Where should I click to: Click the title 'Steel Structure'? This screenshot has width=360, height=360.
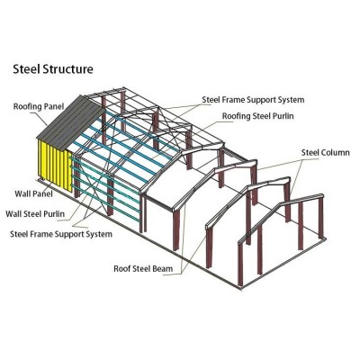(53, 69)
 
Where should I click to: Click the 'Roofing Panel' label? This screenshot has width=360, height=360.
(39, 106)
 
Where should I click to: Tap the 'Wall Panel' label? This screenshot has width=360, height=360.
(33, 193)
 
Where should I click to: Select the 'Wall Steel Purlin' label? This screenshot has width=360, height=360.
(35, 214)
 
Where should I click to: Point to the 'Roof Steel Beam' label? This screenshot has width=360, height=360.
(143, 268)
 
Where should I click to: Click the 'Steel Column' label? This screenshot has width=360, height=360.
(326, 152)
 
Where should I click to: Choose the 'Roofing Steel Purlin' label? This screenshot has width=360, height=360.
(257, 116)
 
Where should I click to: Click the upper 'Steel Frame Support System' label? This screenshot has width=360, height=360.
(253, 100)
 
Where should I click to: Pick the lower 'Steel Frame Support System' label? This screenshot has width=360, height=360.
(61, 234)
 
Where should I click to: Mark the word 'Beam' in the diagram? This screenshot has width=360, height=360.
(163, 268)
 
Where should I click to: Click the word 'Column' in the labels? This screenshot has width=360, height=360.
(336, 152)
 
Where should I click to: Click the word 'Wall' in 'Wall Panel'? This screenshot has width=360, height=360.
(22, 193)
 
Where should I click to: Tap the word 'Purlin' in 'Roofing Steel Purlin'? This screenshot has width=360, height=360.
(283, 116)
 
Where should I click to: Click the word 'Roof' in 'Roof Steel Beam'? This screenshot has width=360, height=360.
(121, 268)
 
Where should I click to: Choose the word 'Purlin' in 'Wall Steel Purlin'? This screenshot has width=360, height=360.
(54, 214)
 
